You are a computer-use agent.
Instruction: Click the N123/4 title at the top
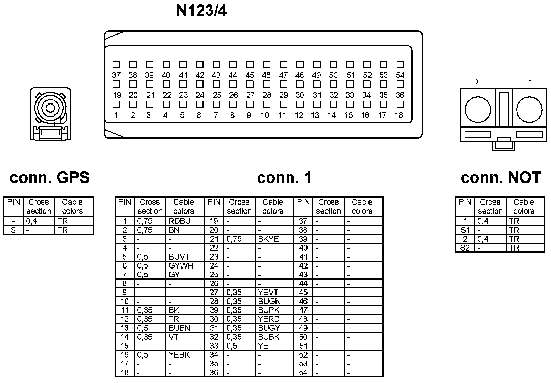pyautogui.click(x=201, y=11)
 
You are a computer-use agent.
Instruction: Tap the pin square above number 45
pyautogui.click(x=250, y=64)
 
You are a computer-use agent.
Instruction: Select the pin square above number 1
pyautogui.click(x=116, y=104)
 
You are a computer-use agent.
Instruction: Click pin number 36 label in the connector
pyautogui.click(x=400, y=95)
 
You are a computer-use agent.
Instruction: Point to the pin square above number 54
pyautogui.click(x=400, y=64)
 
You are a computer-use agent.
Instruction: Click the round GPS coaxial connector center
pyautogui.click(x=50, y=109)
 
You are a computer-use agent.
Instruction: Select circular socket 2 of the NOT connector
pyautogui.click(x=478, y=110)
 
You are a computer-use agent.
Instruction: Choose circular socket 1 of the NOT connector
pyautogui.click(x=529, y=110)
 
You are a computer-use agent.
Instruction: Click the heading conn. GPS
pyautogui.click(x=50, y=178)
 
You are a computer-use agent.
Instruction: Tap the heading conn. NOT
pyautogui.click(x=501, y=178)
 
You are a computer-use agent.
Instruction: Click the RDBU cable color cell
pyautogui.click(x=185, y=221)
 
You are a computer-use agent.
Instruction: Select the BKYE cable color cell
pyautogui.click(x=274, y=239)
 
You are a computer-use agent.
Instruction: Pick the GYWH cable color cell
pyautogui.click(x=185, y=266)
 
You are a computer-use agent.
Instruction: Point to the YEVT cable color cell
pyautogui.click(x=274, y=293)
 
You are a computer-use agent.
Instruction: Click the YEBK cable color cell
pyautogui.click(x=185, y=355)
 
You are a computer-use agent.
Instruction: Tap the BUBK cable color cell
pyautogui.click(x=274, y=337)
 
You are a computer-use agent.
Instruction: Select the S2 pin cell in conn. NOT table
pyautogui.click(x=465, y=248)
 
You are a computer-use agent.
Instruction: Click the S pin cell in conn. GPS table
pyautogui.click(x=13, y=230)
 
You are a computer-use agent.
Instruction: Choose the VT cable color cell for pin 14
pyautogui.click(x=185, y=337)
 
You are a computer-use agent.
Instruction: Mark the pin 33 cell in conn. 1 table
pyautogui.click(x=214, y=346)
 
